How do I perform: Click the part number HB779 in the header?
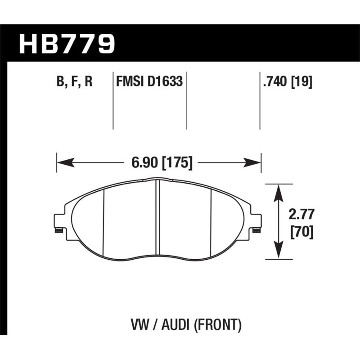[x=67, y=44]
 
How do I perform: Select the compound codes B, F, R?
[x=75, y=82]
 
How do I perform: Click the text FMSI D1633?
[x=149, y=82]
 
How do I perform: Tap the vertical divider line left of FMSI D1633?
[x=112, y=101]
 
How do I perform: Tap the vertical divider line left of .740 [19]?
[x=260, y=101]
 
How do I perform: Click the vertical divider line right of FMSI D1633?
[x=186, y=101]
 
